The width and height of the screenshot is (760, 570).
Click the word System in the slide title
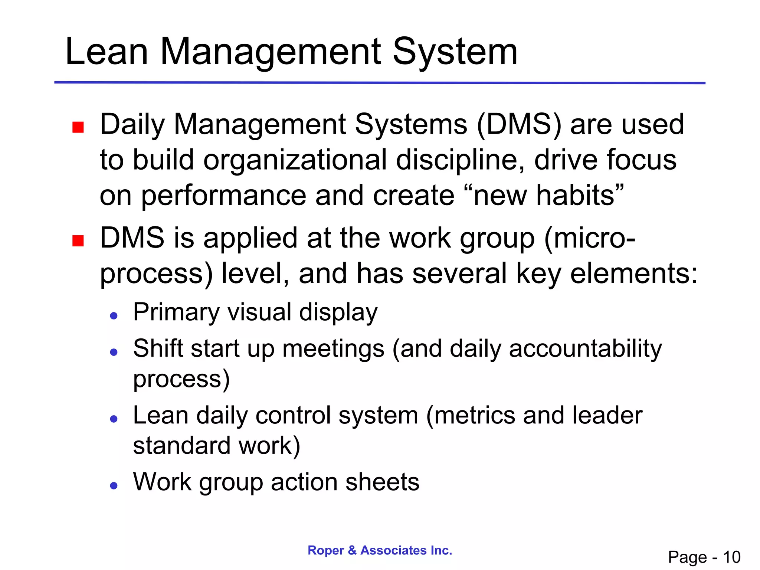(x=455, y=52)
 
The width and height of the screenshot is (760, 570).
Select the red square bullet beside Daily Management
(x=78, y=127)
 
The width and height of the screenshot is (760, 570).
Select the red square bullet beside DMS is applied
(x=78, y=241)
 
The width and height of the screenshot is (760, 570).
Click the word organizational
(x=295, y=160)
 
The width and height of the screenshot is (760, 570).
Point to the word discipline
(x=459, y=160)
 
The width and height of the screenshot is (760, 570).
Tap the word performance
(x=223, y=196)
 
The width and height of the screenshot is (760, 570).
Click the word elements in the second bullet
(x=633, y=273)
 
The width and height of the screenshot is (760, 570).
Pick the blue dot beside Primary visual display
(x=114, y=316)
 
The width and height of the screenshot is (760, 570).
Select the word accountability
(x=585, y=349)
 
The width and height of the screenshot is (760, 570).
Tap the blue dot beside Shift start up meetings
(x=114, y=352)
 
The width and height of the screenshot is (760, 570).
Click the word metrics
(x=474, y=415)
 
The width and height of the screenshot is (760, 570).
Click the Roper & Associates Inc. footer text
(x=380, y=550)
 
